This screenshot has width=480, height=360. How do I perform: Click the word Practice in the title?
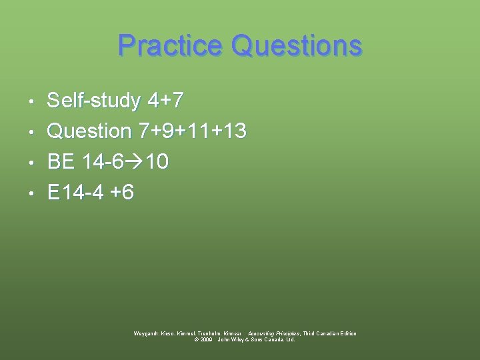pyautogui.click(x=170, y=46)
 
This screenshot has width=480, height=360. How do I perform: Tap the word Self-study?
pyautogui.click(x=94, y=101)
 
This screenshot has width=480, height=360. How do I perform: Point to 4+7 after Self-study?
pyautogui.click(x=165, y=101)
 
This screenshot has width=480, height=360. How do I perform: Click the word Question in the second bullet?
pyautogui.click(x=89, y=131)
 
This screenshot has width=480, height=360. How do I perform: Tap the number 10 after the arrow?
pyautogui.click(x=158, y=162)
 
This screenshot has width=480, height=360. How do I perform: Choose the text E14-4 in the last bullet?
pyautogui.click(x=76, y=193)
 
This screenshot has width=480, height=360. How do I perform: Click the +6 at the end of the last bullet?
pyautogui.click(x=123, y=193)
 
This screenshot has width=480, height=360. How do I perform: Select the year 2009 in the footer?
pyautogui.click(x=207, y=339)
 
